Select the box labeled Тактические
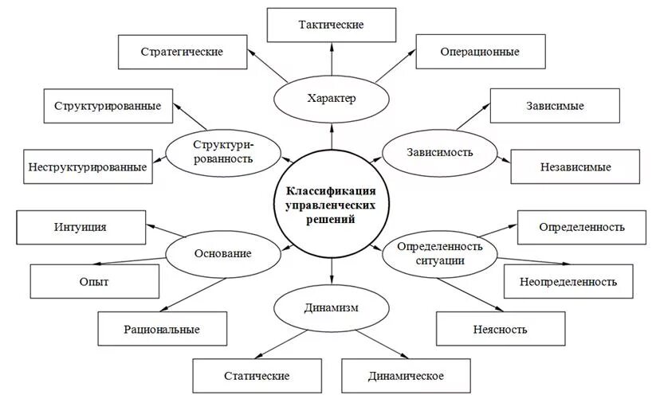tap(331, 25)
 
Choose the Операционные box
tap(479, 52)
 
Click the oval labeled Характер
tap(331, 99)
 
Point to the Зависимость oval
tap(439, 151)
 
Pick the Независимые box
tap(575, 167)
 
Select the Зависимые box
tap(554, 106)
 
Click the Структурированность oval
tap(222, 151)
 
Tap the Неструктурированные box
tap(88, 167)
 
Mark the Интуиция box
tap(81, 227)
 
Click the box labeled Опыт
tap(94, 282)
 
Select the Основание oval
tap(222, 253)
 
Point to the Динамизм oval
tap(330, 307)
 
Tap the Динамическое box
tap(406, 375)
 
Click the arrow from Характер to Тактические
tap(331, 61)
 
